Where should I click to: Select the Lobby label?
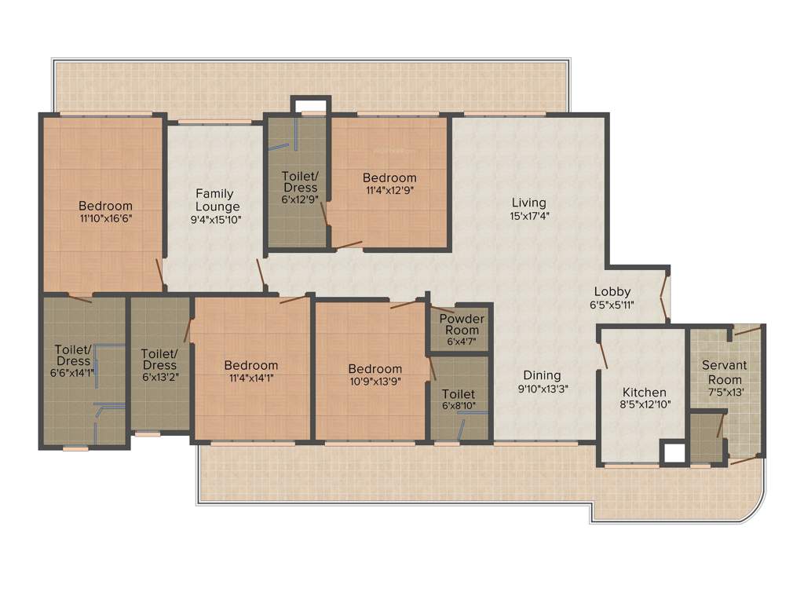click(612, 292)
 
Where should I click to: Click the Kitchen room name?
click(644, 393)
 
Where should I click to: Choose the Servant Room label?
click(724, 372)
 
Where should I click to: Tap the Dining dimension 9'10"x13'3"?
click(543, 388)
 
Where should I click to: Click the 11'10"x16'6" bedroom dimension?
click(105, 219)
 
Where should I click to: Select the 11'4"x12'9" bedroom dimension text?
click(389, 191)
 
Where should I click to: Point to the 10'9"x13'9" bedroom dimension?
click(375, 382)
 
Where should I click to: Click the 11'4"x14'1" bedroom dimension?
click(250, 378)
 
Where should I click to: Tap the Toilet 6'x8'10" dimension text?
click(458, 406)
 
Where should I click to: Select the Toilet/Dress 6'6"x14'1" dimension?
click(73, 373)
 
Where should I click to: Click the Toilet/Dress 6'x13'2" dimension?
click(160, 378)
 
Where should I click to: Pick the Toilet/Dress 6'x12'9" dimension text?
click(300, 199)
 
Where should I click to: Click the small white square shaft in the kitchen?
click(673, 453)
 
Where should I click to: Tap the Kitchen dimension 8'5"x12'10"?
click(644, 405)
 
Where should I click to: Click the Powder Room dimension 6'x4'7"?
click(461, 342)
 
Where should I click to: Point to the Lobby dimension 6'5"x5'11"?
click(612, 305)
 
